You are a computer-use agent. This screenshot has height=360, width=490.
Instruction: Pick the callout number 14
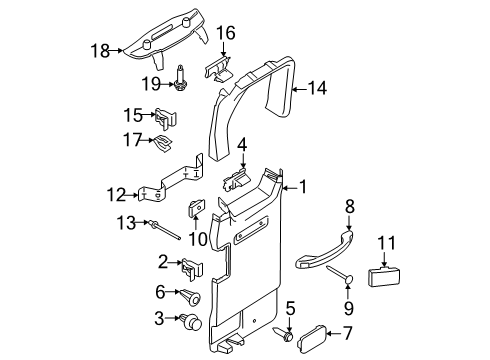(x=317, y=87)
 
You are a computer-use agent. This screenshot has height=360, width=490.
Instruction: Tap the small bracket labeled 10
(x=197, y=212)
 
